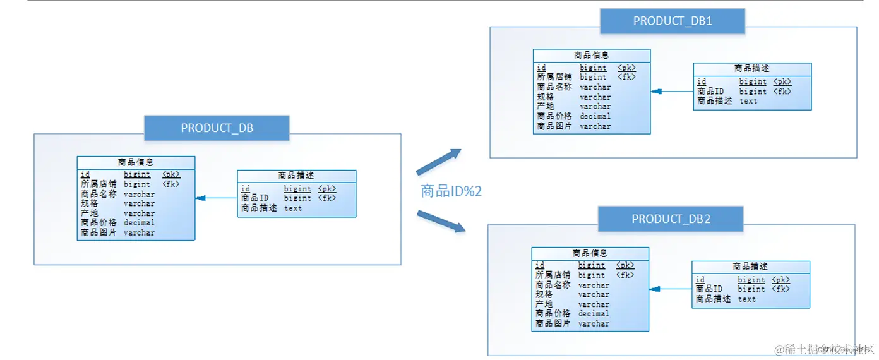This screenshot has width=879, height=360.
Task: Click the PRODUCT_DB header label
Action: coord(217,128)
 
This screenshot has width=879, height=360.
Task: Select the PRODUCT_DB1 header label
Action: coord(673,21)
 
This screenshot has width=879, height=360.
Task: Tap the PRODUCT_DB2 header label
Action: coord(671,219)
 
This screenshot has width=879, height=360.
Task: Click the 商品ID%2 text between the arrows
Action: coord(451,191)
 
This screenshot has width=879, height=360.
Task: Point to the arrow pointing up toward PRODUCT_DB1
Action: coord(439,162)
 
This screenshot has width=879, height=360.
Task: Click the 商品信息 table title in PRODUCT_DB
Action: coord(136,162)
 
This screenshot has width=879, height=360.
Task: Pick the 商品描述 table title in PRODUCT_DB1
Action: coord(752,68)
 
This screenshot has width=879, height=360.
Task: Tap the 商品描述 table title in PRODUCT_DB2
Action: coord(751,267)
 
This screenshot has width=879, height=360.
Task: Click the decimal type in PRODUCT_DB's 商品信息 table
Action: coord(139,223)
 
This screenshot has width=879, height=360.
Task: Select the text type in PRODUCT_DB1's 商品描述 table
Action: coord(748,101)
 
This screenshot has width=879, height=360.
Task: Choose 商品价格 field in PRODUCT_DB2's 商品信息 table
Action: coord(553,314)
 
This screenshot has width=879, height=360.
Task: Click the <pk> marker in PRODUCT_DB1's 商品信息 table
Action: coord(626,68)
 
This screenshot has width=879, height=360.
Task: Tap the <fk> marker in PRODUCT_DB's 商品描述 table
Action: coord(326,198)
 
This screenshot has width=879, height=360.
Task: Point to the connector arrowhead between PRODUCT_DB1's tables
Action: coord(656,92)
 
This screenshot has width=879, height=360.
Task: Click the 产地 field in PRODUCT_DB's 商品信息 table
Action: coord(90,213)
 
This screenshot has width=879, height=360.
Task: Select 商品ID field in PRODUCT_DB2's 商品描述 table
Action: coord(709,289)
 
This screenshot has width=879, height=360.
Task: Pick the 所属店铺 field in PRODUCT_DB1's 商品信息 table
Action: coord(554,77)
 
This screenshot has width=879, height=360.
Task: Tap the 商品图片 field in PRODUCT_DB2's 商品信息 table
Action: coord(553,323)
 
